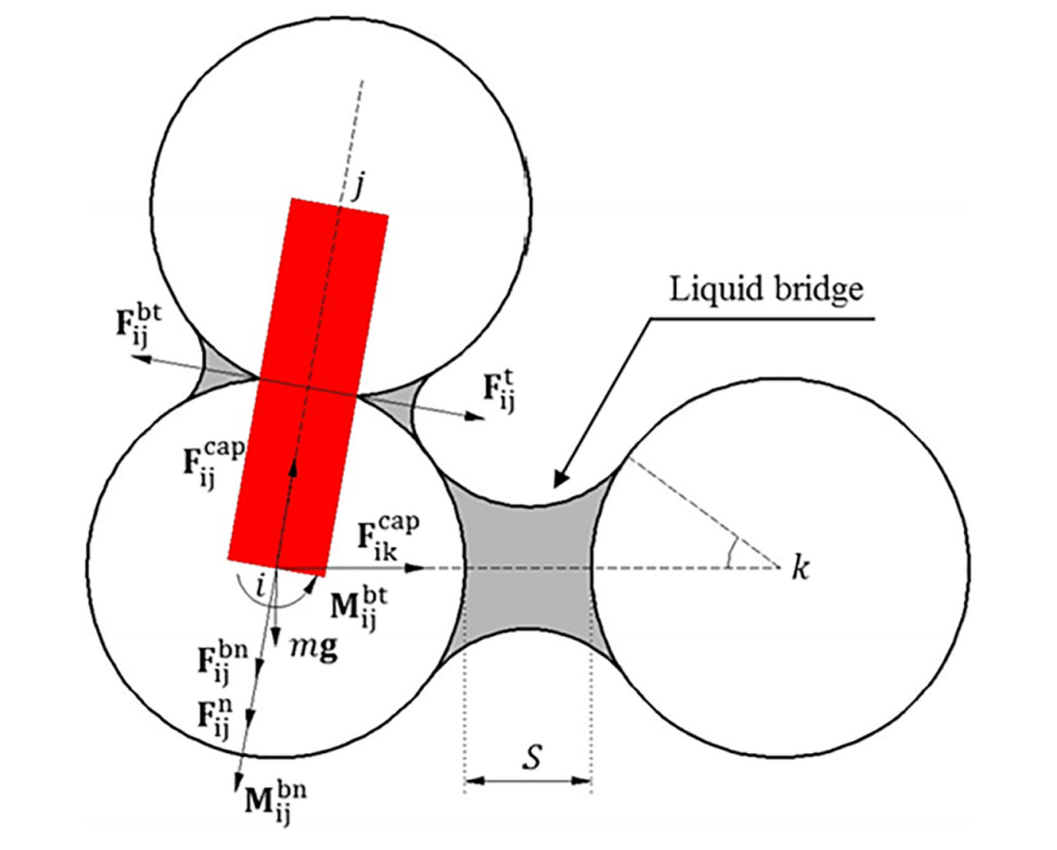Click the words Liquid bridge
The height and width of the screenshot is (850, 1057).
[x=765, y=290]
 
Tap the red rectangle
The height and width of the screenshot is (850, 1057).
[x=308, y=387]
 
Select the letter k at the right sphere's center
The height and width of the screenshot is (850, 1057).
[x=800, y=568]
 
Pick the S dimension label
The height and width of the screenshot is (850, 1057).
[x=531, y=757]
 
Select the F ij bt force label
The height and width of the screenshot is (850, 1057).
[x=139, y=324]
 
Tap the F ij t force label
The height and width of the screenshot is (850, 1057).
[x=499, y=392]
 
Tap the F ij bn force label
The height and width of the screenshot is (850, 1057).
[x=222, y=662]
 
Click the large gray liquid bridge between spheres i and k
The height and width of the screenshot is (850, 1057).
[x=528, y=568]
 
